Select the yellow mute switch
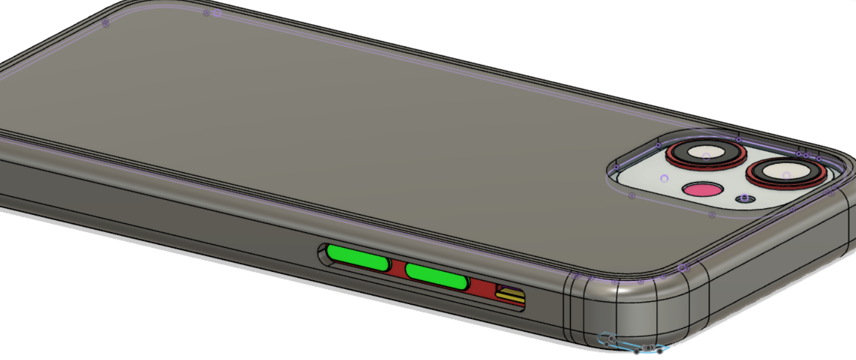tap(510, 295)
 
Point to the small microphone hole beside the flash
tap(745, 198)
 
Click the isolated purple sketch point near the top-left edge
tap(106, 23)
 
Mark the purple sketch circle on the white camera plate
tap(664, 178)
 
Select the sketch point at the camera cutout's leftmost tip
tap(616, 167)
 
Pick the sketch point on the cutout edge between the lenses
tap(738, 140)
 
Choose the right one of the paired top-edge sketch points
tap(217, 12)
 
